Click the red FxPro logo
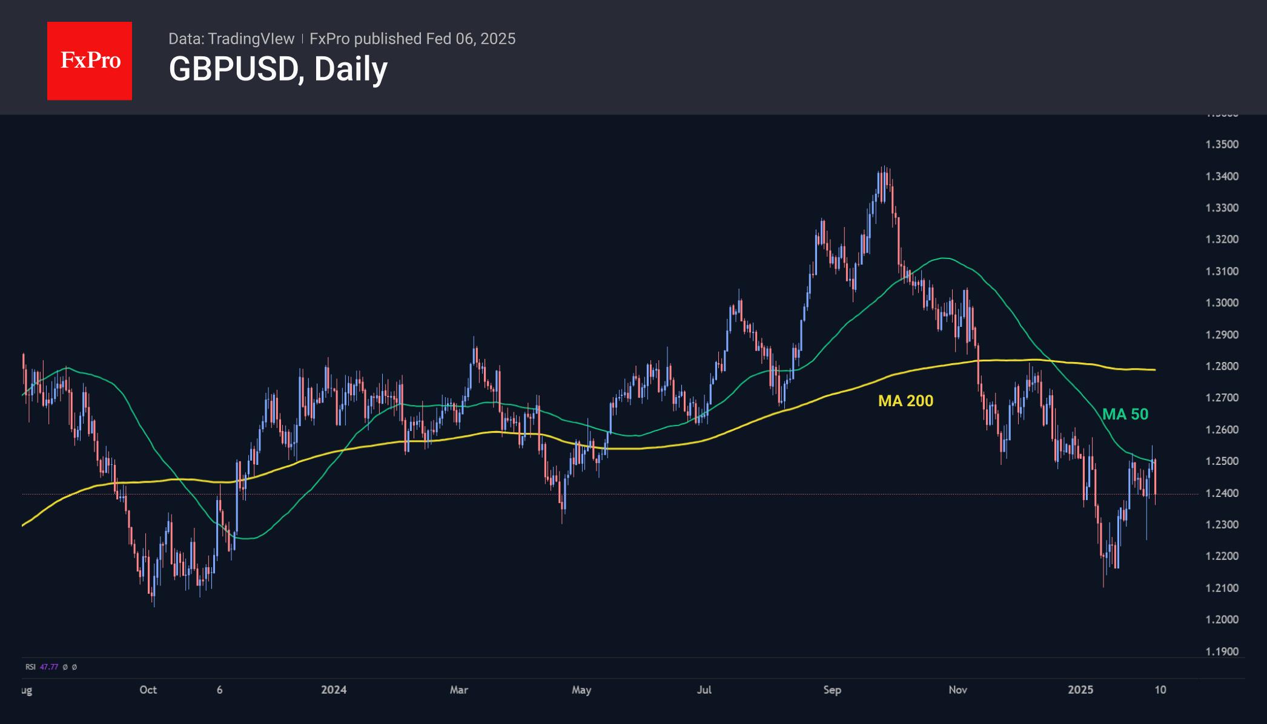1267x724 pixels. [x=90, y=61]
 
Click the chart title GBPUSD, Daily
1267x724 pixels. [x=278, y=69]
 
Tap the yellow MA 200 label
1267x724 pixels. [x=905, y=401]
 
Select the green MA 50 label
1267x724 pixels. [x=1125, y=414]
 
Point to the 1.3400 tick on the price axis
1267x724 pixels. [x=1222, y=177]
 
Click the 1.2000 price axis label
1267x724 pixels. [x=1222, y=620]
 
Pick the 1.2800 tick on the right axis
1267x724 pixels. [x=1222, y=366]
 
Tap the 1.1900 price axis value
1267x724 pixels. [x=1222, y=652]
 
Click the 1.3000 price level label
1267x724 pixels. [x=1222, y=303]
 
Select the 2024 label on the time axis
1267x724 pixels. [x=334, y=690]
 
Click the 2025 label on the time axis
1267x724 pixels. [x=1080, y=690]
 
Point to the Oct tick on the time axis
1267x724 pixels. [x=148, y=690]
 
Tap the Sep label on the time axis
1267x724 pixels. [x=832, y=690]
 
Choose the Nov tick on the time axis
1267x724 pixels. [x=958, y=690]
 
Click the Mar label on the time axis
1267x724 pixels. [x=459, y=690]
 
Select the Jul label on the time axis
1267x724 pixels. [x=704, y=690]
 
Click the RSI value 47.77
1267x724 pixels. [x=49, y=667]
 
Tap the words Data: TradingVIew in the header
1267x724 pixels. [x=231, y=39]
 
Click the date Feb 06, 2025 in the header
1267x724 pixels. [x=471, y=39]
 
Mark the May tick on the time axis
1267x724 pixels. [x=581, y=690]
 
